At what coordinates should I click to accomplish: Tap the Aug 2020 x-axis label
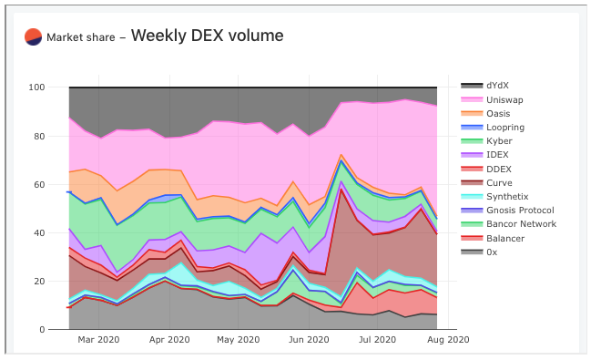tap(448, 341)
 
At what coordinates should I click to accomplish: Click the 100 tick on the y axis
tap(36, 88)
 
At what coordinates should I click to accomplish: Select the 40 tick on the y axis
tap(39, 233)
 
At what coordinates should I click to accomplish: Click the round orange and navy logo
tap(33, 36)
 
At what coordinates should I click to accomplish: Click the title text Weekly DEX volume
tap(207, 36)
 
